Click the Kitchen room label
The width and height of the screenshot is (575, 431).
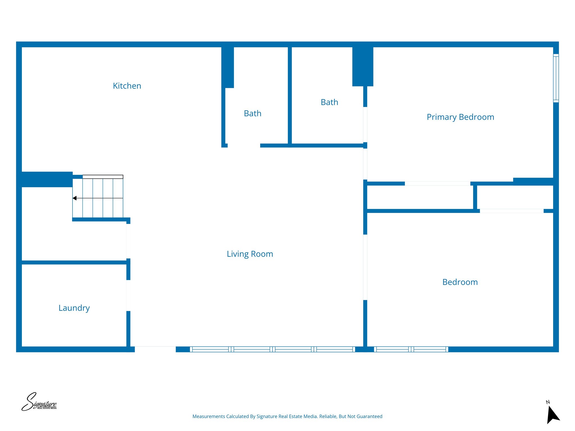coord(127,86)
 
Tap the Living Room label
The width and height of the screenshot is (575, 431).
coord(250,254)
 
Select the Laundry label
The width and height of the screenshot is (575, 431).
coord(74,308)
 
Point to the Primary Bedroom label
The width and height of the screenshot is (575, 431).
coord(460,117)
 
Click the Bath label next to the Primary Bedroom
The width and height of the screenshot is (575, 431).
coord(329,102)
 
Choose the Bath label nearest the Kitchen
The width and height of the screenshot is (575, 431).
coord(252,113)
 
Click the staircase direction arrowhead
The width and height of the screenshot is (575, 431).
coord(75,198)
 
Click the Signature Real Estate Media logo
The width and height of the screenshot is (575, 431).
coord(39,402)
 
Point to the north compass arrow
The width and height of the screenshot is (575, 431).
coord(552,414)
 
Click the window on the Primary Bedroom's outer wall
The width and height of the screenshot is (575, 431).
coord(556,78)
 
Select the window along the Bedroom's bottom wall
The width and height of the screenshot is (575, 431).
coord(411,349)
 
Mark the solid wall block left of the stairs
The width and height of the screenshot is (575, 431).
coord(47,179)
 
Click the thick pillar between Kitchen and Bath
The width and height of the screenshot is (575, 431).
coord(227,67)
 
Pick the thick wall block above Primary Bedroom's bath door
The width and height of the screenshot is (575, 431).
coord(362,67)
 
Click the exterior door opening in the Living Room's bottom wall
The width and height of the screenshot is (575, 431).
coord(155,349)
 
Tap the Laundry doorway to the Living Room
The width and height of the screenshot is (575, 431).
coord(128,295)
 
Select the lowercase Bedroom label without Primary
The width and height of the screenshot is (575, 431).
coord(460,282)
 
